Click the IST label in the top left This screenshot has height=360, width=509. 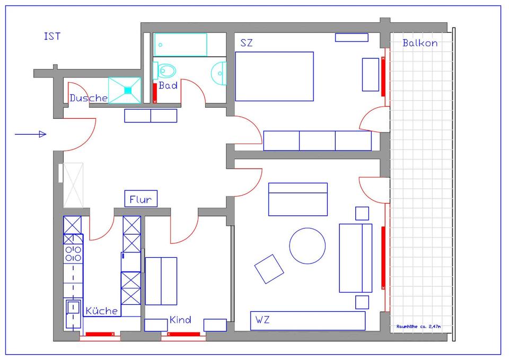[x=52, y=37]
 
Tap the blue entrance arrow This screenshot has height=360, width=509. [x=31, y=135]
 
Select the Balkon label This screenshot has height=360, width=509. [x=420, y=43]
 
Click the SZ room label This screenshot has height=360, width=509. [x=247, y=43]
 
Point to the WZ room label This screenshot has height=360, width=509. [x=262, y=320]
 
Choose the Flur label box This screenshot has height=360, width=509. [x=141, y=199]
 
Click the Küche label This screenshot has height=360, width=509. [x=102, y=311]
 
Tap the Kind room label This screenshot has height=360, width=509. [x=180, y=320]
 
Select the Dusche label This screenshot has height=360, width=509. [x=89, y=98]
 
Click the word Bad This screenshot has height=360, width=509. [x=168, y=85]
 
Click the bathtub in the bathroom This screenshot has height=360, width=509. [x=180, y=45]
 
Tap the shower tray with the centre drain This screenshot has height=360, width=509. [x=125, y=90]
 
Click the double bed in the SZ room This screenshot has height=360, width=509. [x=274, y=76]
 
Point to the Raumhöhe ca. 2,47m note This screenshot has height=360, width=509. [x=418, y=327]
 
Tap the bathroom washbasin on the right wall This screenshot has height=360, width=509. [x=219, y=72]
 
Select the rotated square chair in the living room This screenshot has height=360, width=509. [x=269, y=269]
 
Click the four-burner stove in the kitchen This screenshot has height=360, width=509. [x=73, y=253]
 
